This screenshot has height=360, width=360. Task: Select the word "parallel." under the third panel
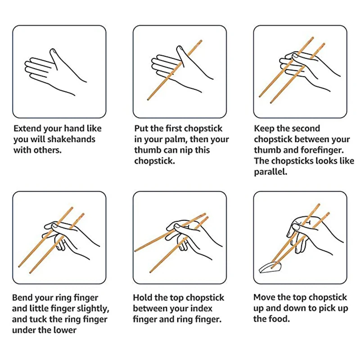click(x=270, y=172)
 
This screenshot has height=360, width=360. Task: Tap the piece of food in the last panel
click(x=270, y=268)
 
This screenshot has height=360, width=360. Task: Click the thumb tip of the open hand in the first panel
click(x=53, y=50)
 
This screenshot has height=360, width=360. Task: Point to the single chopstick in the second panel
click(x=175, y=70)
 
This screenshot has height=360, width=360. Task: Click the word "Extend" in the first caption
click(x=27, y=128)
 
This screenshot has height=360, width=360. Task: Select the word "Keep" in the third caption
click(x=264, y=128)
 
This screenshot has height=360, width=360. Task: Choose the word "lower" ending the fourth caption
click(x=65, y=330)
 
